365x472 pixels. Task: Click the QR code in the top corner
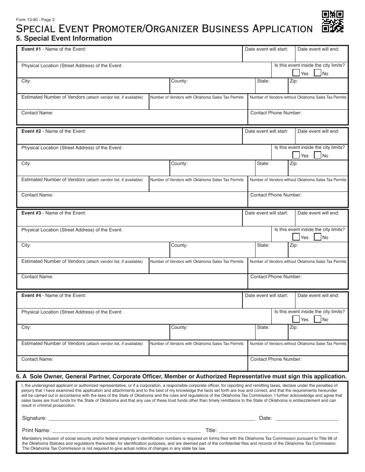click(x=332, y=21)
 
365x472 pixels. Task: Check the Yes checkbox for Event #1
click(x=296, y=73)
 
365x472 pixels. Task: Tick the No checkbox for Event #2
click(x=317, y=155)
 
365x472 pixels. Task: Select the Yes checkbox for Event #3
click(x=296, y=237)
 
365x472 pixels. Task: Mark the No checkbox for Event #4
click(x=317, y=319)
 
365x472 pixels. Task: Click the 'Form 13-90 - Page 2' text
click(x=35, y=20)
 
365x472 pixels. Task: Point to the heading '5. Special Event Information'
click(x=64, y=38)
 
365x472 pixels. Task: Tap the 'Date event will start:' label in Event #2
click(x=266, y=131)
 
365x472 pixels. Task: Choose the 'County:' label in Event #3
click(x=179, y=245)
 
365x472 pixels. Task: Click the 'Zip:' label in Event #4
click(x=294, y=327)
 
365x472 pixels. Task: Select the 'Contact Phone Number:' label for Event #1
click(x=276, y=113)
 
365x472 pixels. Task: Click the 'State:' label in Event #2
click(x=263, y=163)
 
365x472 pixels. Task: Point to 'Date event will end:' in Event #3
click(x=318, y=213)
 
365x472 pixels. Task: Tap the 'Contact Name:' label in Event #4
click(x=37, y=359)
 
